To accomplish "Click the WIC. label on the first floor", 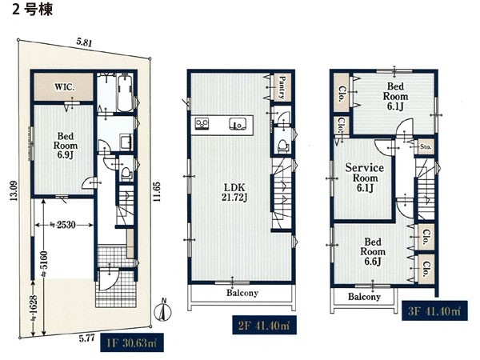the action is [x=64, y=87].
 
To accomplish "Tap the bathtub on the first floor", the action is [x=124, y=93].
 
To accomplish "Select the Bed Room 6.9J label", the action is [x=66, y=146].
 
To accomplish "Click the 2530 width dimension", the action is [x=64, y=225].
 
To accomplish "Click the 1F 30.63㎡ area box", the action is [x=132, y=343].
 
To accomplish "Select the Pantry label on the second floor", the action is [x=282, y=87].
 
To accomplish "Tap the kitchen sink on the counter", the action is [x=238, y=124].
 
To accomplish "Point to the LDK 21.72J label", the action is [x=234, y=193].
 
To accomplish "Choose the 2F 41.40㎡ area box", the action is [x=264, y=325].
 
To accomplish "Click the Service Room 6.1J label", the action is [x=364, y=178].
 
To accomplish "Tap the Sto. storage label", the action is [x=426, y=146].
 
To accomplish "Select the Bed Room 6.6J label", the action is [x=373, y=252].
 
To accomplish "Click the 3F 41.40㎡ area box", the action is [x=434, y=311].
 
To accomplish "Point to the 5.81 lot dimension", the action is [x=84, y=43].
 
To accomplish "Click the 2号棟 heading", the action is [x=33, y=10].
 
